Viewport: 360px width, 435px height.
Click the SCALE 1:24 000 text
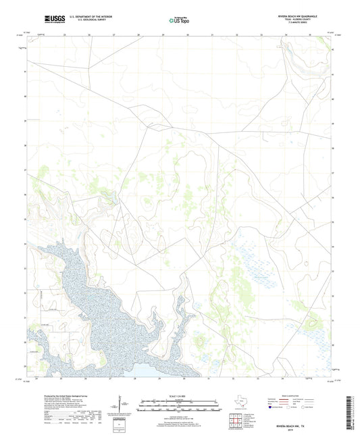point(179,396)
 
